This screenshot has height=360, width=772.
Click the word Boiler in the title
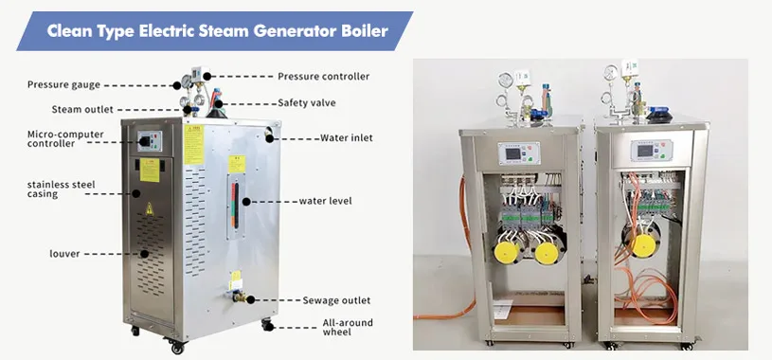(360, 30)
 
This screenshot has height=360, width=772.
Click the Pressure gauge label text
(63, 85)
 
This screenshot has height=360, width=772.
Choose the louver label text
(41, 254)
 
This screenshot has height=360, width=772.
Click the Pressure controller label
(323, 76)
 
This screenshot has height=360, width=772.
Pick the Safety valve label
(307, 102)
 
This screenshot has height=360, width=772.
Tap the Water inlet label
(346, 137)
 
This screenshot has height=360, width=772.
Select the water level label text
(325, 201)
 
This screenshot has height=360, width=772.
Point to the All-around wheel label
(348, 327)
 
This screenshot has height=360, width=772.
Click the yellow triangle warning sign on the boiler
(146, 209)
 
